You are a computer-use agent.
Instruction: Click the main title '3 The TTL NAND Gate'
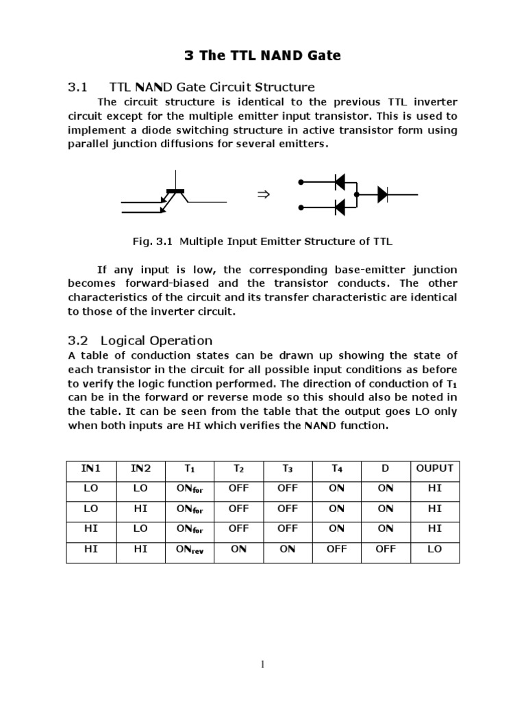pos(263,55)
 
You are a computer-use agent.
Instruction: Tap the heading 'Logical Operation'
pos(156,340)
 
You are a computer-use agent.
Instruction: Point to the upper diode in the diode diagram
pos(339,182)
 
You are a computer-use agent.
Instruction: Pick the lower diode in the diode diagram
pos(339,207)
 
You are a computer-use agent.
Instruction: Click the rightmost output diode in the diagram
pos(383,194)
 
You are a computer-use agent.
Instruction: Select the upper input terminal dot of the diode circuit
pos(301,182)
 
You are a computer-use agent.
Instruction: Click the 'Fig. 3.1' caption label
pos(150,242)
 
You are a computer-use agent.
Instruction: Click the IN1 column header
pos(91,468)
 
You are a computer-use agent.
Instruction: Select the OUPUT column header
pos(434,468)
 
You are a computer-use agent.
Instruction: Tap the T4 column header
pos(336,469)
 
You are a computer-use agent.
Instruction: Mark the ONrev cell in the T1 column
pos(190,550)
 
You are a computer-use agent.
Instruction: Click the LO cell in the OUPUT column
pos(434,549)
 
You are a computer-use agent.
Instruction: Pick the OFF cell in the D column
pos(386,549)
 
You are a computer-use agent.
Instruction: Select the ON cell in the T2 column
pos(238,549)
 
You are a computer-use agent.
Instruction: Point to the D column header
pos(386,468)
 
